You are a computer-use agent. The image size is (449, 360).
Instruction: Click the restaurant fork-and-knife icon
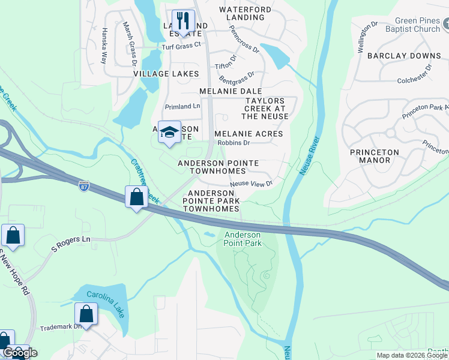tap(184, 21)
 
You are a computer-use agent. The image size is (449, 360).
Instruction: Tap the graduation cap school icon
tap(170, 133)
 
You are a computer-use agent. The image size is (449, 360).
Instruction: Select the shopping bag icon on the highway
tap(137, 197)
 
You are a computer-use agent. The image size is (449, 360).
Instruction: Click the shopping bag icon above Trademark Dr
tap(86, 314)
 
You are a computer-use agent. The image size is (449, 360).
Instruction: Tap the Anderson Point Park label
tap(243, 239)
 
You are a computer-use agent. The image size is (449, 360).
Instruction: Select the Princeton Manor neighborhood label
tap(374, 157)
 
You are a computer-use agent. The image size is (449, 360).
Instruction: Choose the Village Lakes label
tap(166, 73)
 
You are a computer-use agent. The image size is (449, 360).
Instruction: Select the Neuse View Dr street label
tap(252, 183)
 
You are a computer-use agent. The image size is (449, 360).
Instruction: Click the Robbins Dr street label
tap(234, 143)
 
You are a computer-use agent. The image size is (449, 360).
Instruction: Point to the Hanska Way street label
tap(104, 46)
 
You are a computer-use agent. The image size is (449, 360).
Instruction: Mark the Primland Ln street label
tap(182, 106)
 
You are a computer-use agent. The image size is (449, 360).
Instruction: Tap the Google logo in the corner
tap(20, 353)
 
